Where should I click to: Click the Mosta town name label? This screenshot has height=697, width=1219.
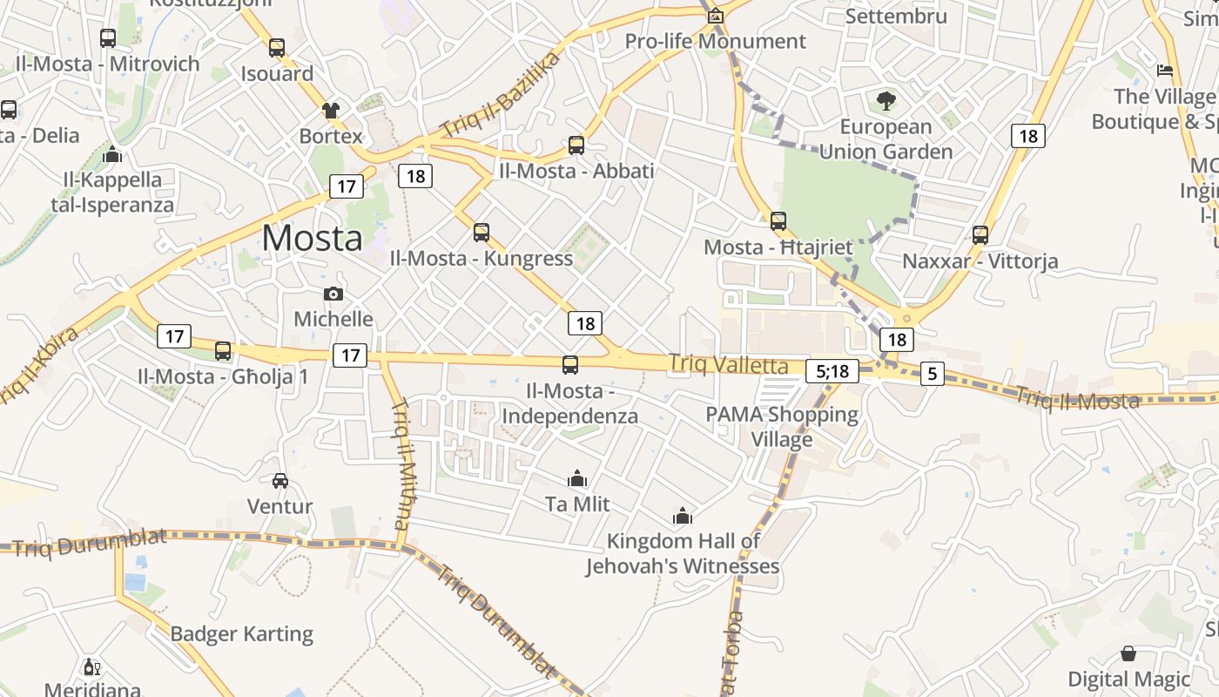click(312, 238)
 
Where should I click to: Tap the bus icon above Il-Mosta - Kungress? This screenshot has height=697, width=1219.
click(482, 233)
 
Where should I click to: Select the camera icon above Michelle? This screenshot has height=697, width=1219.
click(333, 294)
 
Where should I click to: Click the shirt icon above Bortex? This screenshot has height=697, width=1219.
click(331, 111)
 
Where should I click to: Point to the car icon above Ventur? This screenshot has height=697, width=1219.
click(280, 480)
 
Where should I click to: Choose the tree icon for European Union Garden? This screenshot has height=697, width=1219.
click(886, 101)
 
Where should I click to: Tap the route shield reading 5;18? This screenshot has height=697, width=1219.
click(832, 371)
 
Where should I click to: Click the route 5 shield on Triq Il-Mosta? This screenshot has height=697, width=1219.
click(932, 375)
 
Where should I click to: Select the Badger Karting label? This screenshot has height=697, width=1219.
click(242, 633)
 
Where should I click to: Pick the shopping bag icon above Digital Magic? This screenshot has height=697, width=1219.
click(1128, 653)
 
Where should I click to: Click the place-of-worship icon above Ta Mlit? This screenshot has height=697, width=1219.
click(577, 478)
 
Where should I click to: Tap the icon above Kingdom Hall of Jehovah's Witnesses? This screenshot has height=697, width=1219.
click(683, 516)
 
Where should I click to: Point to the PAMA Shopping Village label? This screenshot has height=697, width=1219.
click(782, 426)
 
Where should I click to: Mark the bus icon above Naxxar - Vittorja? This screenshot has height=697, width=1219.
click(980, 234)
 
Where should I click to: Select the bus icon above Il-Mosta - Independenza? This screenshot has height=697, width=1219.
click(570, 365)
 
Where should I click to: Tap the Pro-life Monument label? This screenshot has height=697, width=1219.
click(716, 41)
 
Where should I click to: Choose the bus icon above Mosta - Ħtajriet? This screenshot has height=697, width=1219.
click(778, 221)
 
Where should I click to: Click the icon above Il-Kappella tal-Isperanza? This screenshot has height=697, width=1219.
click(112, 155)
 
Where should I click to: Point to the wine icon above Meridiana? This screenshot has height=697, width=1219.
click(91, 667)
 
